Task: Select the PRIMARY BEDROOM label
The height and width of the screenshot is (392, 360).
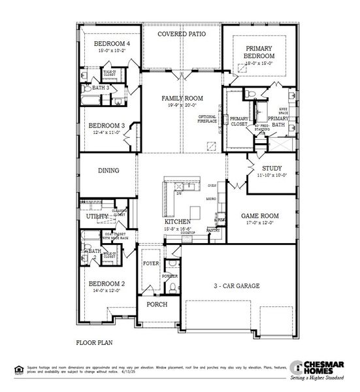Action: [259, 52]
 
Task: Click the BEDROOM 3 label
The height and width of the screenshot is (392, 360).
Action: [106, 125]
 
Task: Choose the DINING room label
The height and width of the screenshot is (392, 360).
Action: [108, 171]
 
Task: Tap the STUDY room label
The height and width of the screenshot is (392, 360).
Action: [269, 168]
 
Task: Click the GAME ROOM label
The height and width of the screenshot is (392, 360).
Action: [260, 216]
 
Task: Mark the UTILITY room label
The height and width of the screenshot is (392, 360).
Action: [97, 216]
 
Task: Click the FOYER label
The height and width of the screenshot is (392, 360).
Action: [152, 263]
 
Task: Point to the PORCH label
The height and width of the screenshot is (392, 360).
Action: [157, 304]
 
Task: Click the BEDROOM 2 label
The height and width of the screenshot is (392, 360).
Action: [106, 284]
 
